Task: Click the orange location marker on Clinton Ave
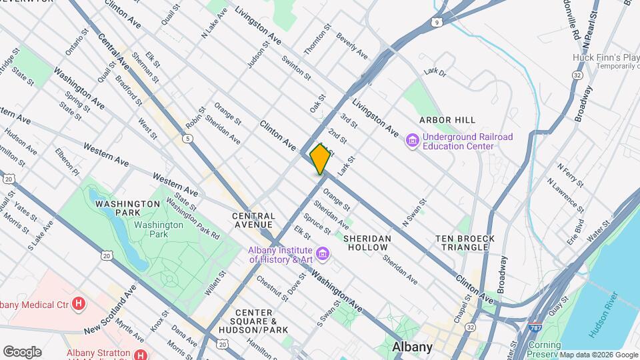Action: click(x=320, y=159)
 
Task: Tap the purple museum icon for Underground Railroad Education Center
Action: click(x=412, y=141)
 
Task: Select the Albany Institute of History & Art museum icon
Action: click(x=323, y=253)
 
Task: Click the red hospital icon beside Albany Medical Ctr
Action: click(x=79, y=305)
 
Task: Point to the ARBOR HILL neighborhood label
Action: click(x=447, y=120)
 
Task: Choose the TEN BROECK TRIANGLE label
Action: click(x=465, y=243)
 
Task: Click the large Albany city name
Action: click(x=412, y=347)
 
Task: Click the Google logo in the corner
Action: click(x=22, y=351)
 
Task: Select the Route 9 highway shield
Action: click(x=437, y=22)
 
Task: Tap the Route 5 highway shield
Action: click(x=189, y=138)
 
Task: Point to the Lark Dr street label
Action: click(x=433, y=71)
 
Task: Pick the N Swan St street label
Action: click(x=413, y=211)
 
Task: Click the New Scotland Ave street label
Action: click(x=110, y=310)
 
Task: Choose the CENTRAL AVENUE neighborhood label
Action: click(x=254, y=221)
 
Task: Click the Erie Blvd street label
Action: click(x=575, y=229)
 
